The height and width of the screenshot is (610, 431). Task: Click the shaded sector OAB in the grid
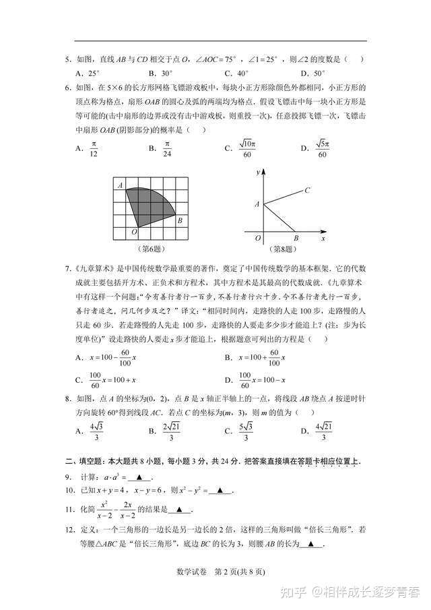(x=150, y=205)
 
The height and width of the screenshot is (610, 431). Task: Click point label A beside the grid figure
(x=119, y=185)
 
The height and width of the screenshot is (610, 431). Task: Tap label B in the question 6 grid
(x=180, y=220)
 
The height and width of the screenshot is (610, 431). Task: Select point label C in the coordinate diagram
(x=306, y=190)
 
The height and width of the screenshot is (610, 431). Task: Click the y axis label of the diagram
(x=258, y=174)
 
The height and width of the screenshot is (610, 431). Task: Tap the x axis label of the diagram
(x=323, y=238)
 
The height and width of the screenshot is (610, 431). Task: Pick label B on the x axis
(x=296, y=238)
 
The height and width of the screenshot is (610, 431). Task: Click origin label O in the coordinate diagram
(x=257, y=238)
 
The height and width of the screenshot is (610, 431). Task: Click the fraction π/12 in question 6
(x=94, y=150)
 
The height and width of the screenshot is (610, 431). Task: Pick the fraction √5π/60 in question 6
(x=322, y=150)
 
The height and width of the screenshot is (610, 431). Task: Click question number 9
(x=68, y=477)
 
